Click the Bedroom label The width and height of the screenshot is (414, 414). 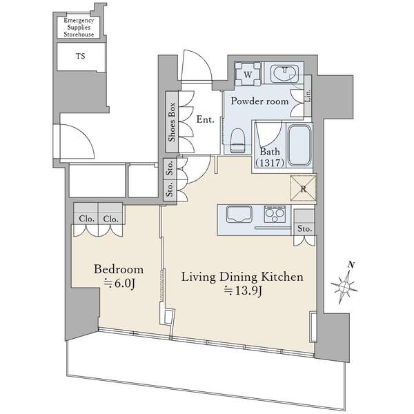click(119, 270)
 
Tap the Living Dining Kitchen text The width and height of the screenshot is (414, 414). click(242, 277)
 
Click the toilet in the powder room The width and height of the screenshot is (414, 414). click(237, 140)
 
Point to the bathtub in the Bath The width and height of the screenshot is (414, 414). click(299, 145)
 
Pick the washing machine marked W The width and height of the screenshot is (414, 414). click(248, 74)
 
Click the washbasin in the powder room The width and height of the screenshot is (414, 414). click(285, 73)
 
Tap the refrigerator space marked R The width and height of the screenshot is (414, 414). click(303, 188)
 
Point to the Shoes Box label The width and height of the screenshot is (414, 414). click(172, 122)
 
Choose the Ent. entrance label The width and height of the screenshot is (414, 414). click(206, 119)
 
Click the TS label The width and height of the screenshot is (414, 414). click(81, 56)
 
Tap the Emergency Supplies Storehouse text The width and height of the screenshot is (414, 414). click(79, 27)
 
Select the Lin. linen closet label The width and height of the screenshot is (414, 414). click(308, 96)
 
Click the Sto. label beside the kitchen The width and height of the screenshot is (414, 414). click(305, 228)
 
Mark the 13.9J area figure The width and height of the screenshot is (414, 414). click(243, 291)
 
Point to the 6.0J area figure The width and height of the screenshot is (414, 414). click(120, 284)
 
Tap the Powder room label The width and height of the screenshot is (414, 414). click(259, 101)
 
